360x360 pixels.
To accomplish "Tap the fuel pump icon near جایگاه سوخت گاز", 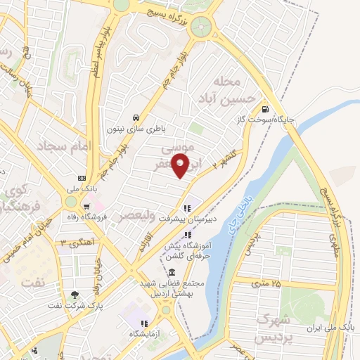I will [264, 109].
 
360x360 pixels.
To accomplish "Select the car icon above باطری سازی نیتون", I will [136, 117].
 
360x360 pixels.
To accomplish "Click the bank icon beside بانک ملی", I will [82, 177].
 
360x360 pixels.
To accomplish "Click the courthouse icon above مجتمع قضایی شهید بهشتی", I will [172, 272].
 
